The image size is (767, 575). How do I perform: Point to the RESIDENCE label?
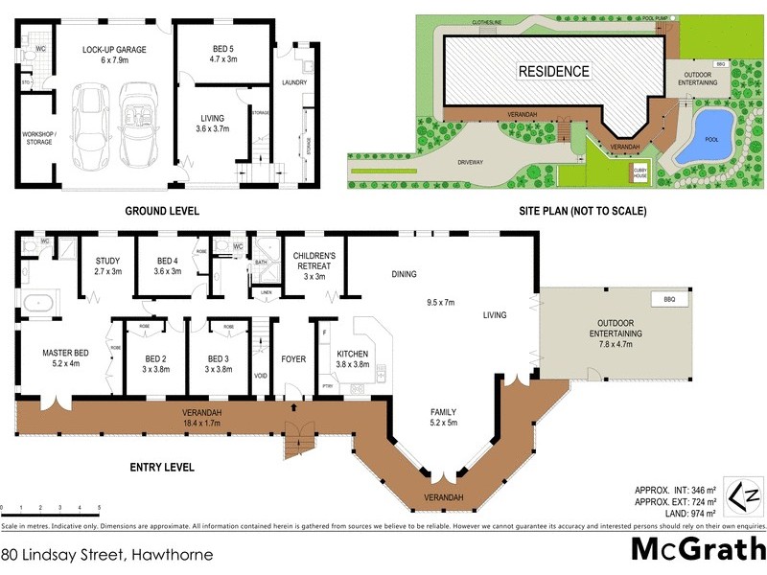pyautogui.click(x=555, y=71)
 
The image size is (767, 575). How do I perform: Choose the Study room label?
pyautogui.click(x=107, y=265)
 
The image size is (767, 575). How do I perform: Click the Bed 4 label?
pyautogui.click(x=168, y=265)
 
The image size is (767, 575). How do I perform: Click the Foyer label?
pyautogui.click(x=292, y=360)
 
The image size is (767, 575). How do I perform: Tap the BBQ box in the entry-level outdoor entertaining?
pyautogui.click(x=657, y=300)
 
